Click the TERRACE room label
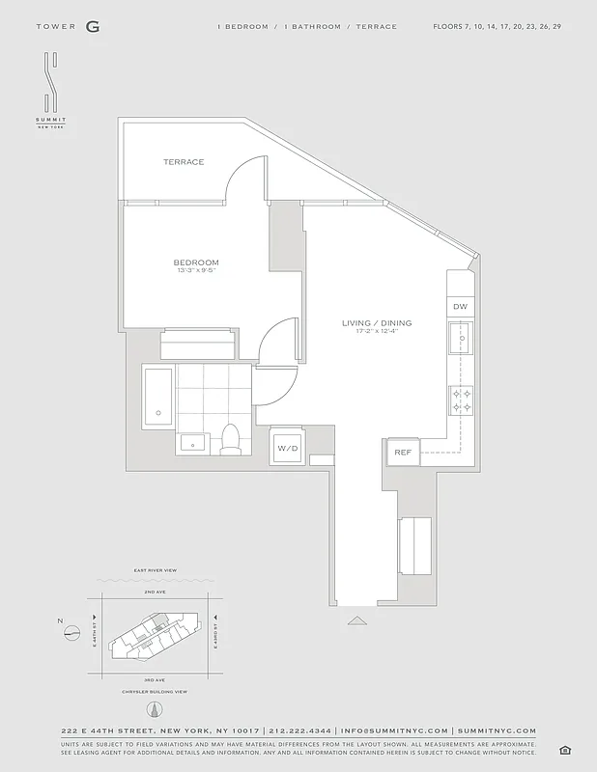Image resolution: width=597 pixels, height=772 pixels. pos(184,162)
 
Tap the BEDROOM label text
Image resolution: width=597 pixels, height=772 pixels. pos(196,262)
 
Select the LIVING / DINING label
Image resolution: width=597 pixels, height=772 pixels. pos(370,323)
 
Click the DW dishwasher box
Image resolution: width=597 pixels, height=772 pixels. pos(460,307)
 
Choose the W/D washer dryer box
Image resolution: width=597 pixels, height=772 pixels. pos(288,449)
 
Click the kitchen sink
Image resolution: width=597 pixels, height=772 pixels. pos(461,341)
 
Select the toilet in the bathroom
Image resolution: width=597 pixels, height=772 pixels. pos(231,439)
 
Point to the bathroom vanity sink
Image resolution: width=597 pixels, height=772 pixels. pos(192,444)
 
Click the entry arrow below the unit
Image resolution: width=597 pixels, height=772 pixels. pos(357,620)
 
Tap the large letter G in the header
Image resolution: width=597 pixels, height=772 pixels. pos(92,27)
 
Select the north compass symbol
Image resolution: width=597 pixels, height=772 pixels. pos(71,632)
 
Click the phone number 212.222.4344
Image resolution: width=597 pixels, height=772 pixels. pos(299,731)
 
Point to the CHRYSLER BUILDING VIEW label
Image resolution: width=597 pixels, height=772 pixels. pos(153,692)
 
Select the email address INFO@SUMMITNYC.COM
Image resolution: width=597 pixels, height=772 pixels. pos(394,731)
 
